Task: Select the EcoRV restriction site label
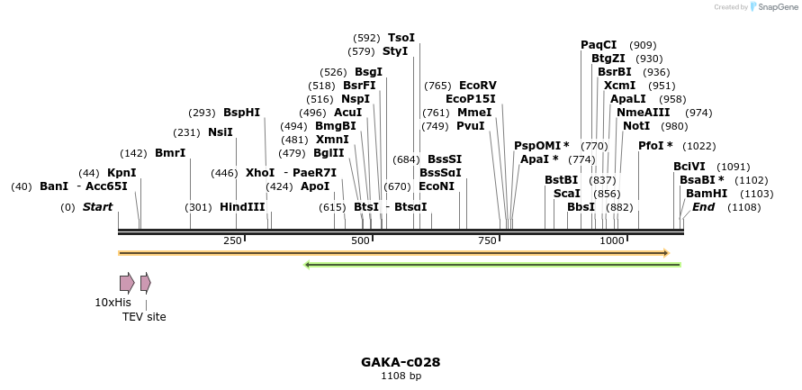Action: click(478, 86)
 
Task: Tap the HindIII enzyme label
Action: click(242, 207)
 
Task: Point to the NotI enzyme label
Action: click(635, 126)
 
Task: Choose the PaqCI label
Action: click(599, 45)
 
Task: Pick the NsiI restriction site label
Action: click(221, 132)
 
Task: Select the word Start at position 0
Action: click(97, 207)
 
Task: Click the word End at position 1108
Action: click(703, 207)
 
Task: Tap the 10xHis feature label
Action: click(113, 303)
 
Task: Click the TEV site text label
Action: click(144, 317)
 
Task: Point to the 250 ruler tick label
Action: click(232, 240)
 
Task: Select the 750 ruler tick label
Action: click(488, 240)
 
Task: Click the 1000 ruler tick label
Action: click(612, 240)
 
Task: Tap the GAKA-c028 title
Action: click(401, 362)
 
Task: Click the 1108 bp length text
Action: click(401, 376)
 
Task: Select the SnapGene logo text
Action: click(779, 7)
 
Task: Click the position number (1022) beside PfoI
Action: click(698, 146)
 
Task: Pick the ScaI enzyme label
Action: click(566, 194)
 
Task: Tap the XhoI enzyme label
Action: click(260, 173)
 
